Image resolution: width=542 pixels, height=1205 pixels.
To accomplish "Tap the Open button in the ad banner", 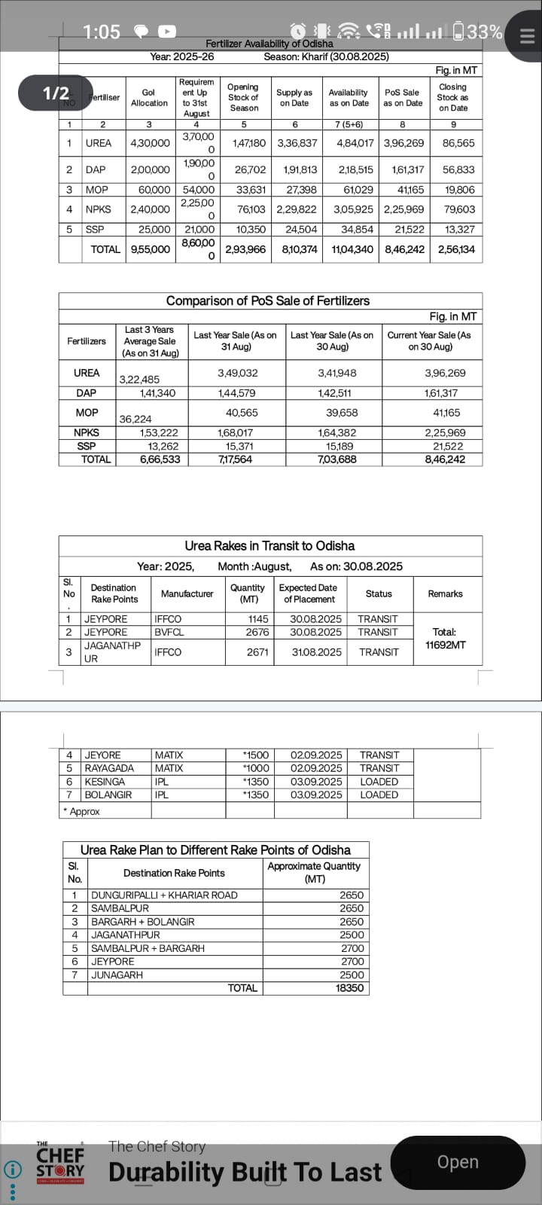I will coord(457,1162).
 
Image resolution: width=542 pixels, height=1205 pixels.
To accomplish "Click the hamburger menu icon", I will coord(527,35).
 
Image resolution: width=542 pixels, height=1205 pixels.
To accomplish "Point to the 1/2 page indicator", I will coord(56,93).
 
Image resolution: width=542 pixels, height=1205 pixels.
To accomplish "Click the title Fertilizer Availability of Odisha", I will coord(269,44).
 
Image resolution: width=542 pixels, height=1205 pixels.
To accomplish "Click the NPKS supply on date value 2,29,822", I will coord(297,209).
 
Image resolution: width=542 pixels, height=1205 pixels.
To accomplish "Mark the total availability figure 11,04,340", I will coord(352,249).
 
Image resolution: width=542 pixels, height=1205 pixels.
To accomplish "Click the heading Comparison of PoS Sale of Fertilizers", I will coord(268,300).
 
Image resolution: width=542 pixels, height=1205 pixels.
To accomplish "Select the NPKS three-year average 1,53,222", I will coord(159,433).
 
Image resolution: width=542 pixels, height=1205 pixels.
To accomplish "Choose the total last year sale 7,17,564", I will coord(236,459).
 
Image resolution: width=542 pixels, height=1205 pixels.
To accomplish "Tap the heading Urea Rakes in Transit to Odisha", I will coord(269,546).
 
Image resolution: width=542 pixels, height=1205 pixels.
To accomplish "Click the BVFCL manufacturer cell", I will coord(169,633).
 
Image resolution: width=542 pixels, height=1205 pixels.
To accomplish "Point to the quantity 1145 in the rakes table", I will coord(258,619).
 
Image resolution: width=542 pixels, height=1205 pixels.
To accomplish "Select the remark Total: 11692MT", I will coord(445,639).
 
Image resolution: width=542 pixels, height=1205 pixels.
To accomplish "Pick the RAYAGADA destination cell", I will coord(109,768).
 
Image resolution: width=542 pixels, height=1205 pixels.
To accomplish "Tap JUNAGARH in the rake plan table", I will coord(117,975).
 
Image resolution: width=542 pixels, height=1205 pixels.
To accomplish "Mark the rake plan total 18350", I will coord(349,988).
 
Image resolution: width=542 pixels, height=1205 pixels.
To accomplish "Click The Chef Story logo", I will coord(60,1164).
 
